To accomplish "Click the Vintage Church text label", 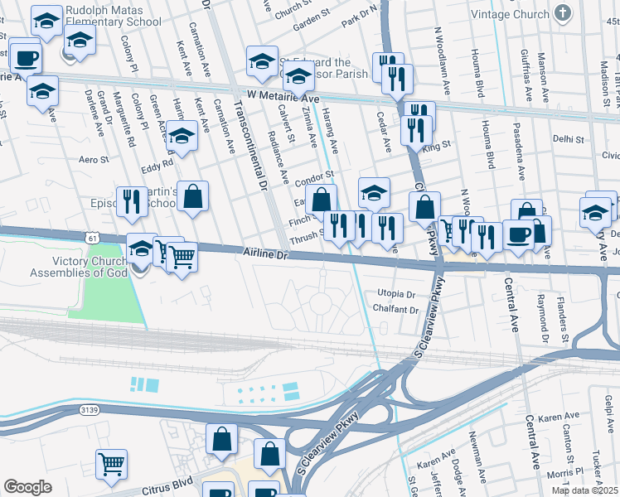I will [510, 14].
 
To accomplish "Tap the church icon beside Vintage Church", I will [563, 13].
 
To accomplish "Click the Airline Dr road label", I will [264, 255].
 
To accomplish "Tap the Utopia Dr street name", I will [396, 294].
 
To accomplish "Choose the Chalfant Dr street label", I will [396, 310].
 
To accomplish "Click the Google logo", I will [27, 487].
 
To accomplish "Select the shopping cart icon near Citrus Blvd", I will [111, 464].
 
